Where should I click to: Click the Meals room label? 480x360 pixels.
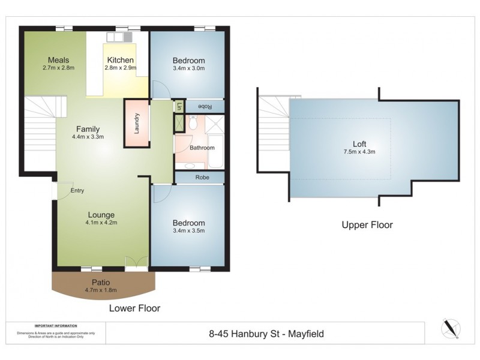click(x=59, y=60)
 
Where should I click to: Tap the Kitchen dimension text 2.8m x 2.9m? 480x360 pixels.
click(x=121, y=68)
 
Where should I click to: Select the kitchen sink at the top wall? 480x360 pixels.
click(x=119, y=37)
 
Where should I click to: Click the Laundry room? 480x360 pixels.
click(x=137, y=123)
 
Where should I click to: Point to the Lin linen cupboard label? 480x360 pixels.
click(x=179, y=106)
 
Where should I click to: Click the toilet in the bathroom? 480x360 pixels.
click(x=192, y=123)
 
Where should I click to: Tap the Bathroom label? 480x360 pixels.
click(x=202, y=148)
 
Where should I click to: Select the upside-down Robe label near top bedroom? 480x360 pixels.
click(x=204, y=106)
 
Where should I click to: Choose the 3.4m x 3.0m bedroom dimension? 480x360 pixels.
click(x=189, y=68)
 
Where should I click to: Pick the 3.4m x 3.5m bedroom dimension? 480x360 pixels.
click(x=189, y=230)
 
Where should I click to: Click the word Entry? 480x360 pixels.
click(x=77, y=191)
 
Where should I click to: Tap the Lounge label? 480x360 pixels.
click(x=101, y=215)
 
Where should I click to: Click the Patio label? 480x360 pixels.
click(x=100, y=282)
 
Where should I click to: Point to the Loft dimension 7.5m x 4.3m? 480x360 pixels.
click(x=359, y=152)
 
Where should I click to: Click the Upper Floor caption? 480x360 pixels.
click(x=367, y=225)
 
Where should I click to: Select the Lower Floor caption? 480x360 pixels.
click(x=134, y=308)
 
